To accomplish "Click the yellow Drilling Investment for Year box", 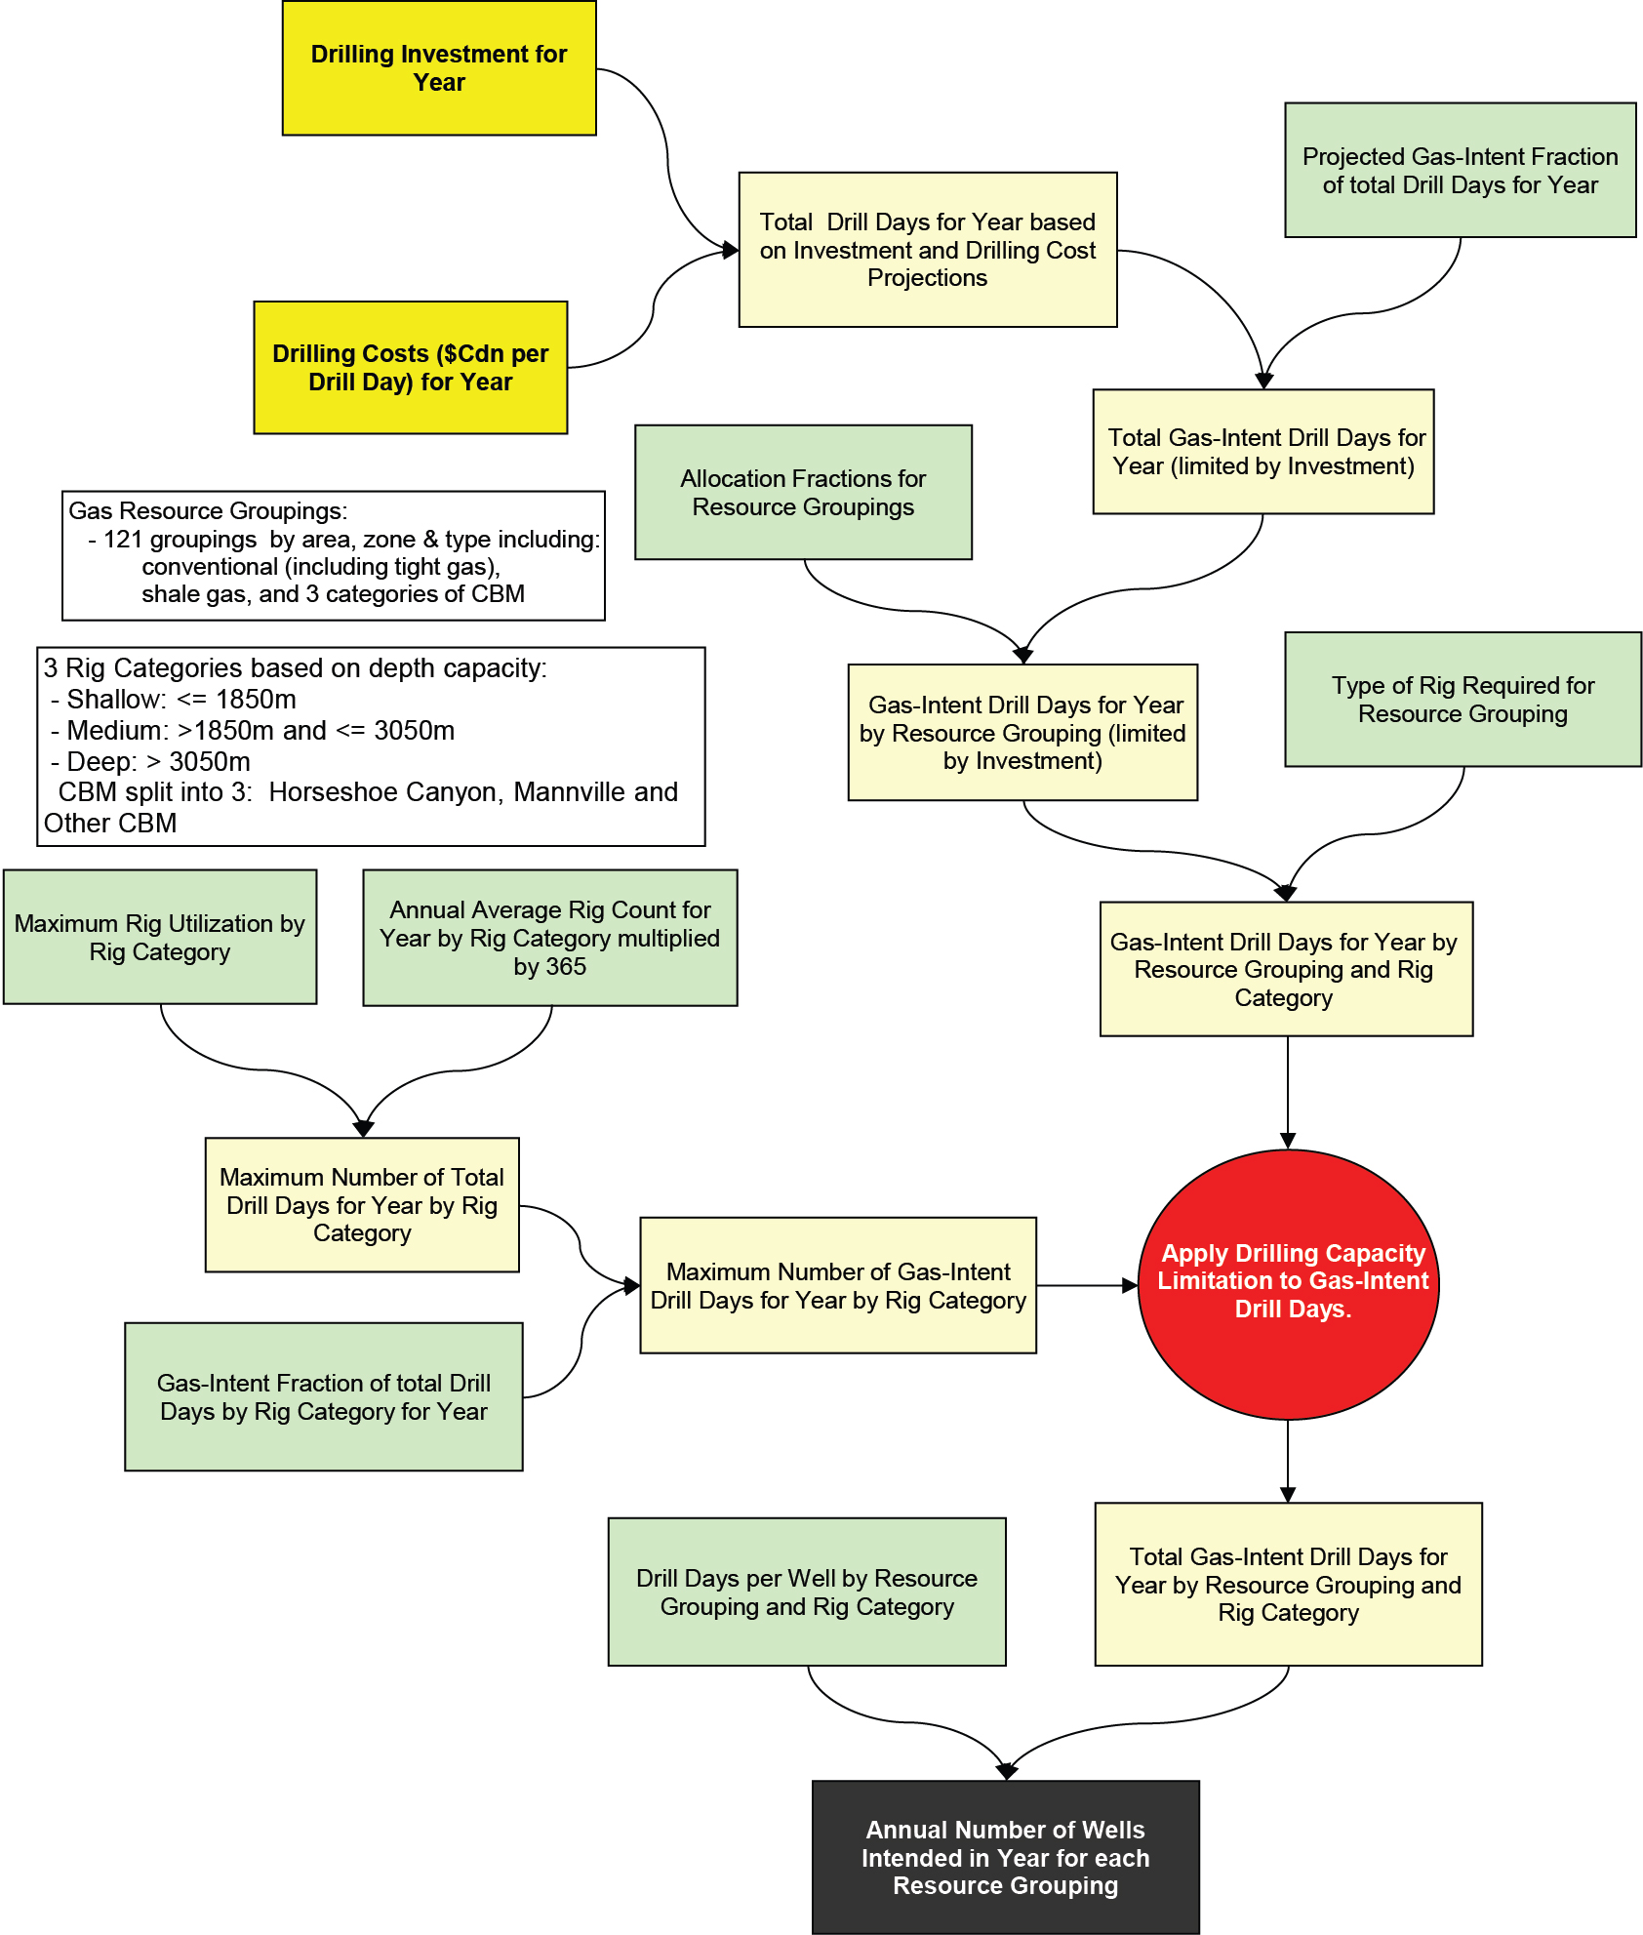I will [x=439, y=68].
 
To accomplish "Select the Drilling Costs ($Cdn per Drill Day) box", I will [x=411, y=368].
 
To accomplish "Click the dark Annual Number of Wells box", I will [x=1006, y=1857].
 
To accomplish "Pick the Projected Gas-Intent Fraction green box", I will [x=1460, y=171].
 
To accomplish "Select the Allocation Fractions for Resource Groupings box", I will [x=803, y=493].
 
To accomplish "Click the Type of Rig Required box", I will [x=1463, y=700].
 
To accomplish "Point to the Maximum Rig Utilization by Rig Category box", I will [x=160, y=937].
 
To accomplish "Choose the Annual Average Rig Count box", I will [x=549, y=938].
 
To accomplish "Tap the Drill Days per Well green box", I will [x=807, y=1592].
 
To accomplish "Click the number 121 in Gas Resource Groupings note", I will [x=123, y=540].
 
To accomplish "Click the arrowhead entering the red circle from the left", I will [x=1130, y=1286].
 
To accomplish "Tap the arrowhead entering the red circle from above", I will [x=1288, y=1141].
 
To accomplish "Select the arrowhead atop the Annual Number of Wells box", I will [x=1007, y=1772].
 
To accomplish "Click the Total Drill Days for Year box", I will [x=927, y=250].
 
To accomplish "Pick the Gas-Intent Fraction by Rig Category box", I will [x=324, y=1397].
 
